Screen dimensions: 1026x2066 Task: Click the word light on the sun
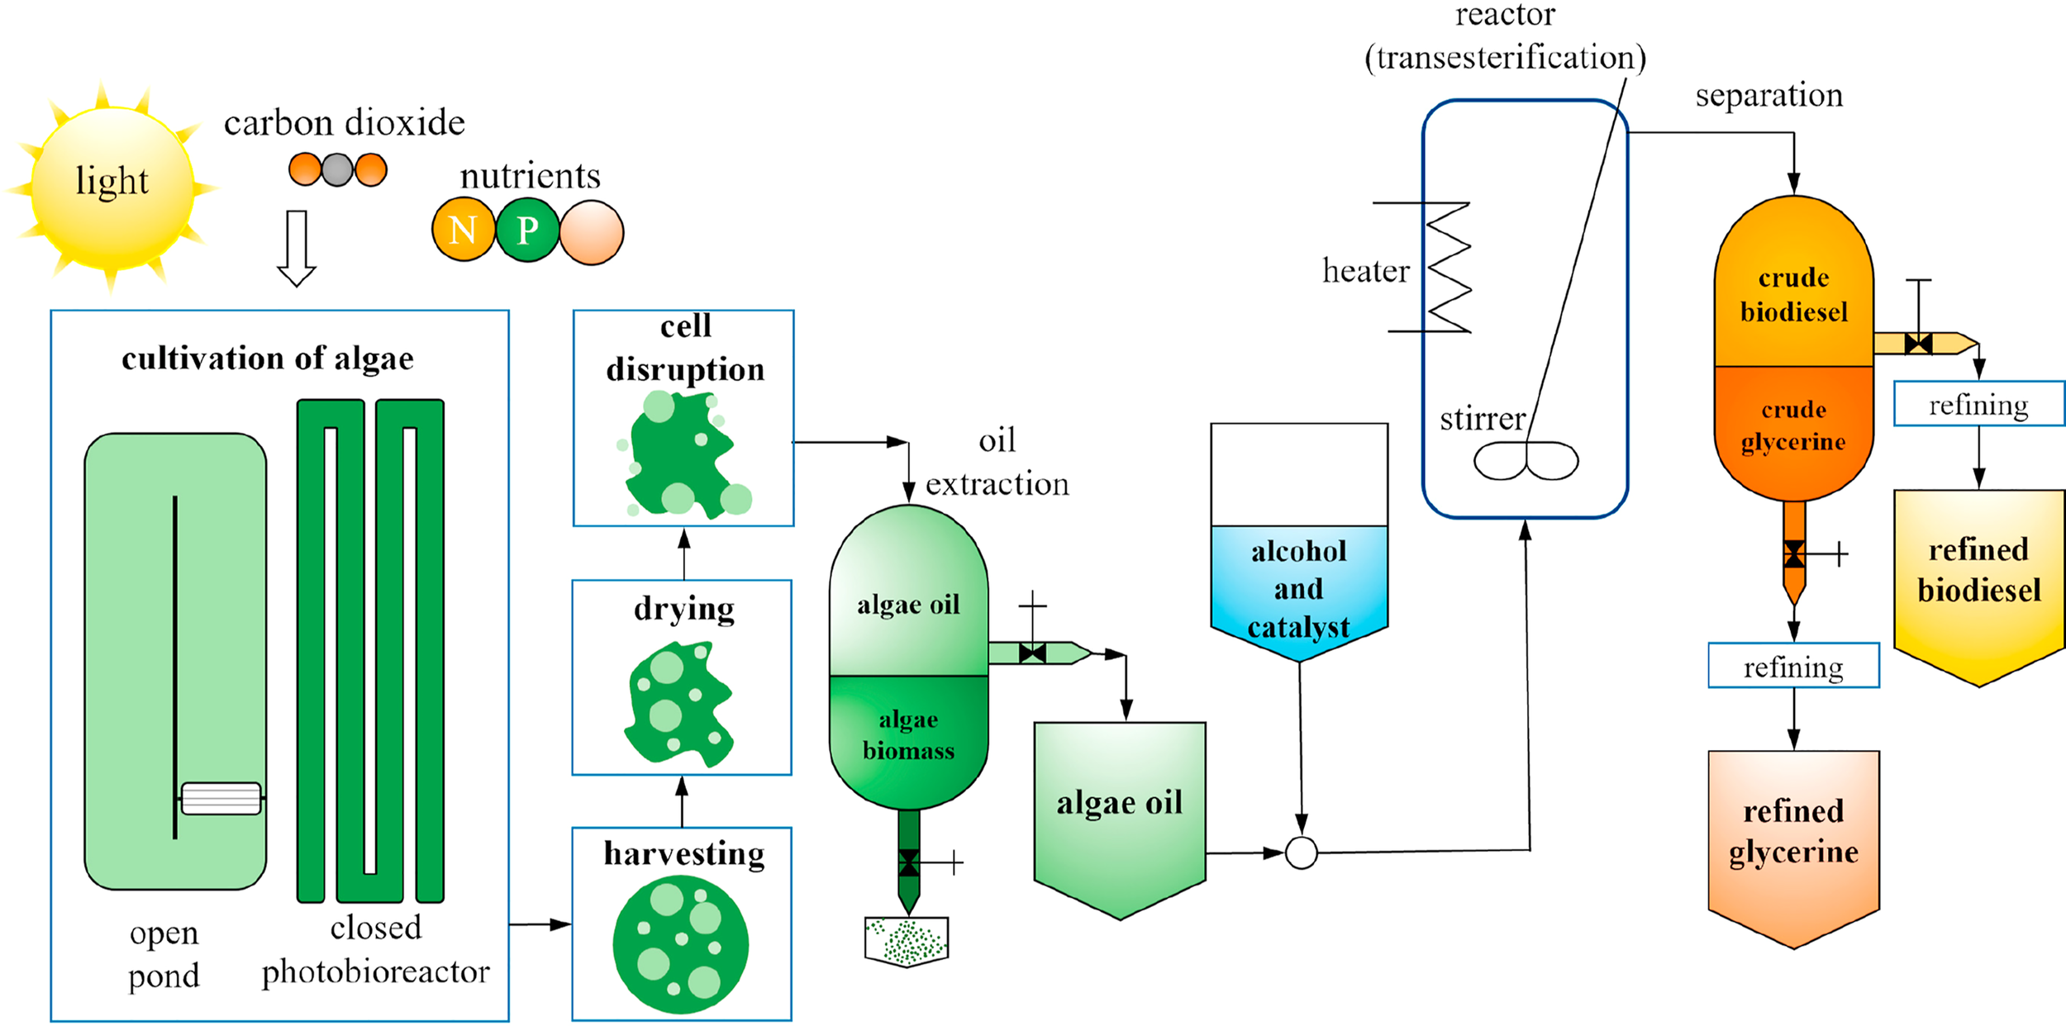point(112,180)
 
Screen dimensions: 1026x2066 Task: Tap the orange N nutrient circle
point(463,230)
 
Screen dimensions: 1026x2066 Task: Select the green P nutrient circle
point(527,230)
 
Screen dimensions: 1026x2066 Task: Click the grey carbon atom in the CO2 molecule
point(337,170)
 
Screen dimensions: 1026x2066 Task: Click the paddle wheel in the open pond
point(221,798)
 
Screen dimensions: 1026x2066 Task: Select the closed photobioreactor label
point(376,950)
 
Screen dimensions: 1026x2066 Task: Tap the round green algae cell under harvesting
point(680,944)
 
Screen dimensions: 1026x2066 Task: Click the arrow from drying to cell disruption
point(683,553)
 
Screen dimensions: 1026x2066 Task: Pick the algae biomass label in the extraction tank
point(908,735)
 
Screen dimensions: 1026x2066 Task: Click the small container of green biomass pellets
point(907,941)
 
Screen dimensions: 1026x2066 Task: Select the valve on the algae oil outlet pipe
point(1032,653)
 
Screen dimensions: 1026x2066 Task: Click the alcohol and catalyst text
point(1298,589)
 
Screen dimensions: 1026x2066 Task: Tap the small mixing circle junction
point(1301,853)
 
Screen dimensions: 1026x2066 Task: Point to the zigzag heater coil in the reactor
point(1448,268)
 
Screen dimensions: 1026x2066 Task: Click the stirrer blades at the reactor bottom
point(1526,461)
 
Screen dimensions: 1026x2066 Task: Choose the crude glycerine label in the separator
point(1792,425)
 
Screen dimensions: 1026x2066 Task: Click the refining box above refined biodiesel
point(1978,404)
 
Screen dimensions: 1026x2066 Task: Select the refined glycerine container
point(1793,843)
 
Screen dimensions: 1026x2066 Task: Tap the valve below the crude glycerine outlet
point(1793,553)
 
